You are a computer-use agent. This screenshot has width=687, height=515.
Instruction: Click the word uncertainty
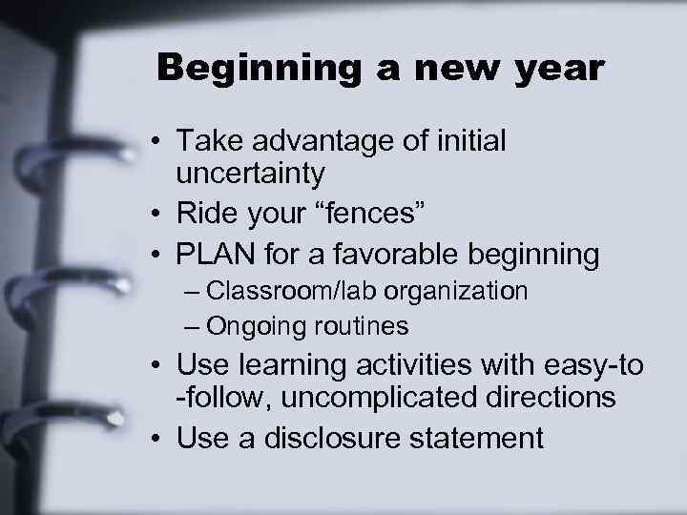coord(251,175)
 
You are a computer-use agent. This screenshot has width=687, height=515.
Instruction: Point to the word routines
coord(356,327)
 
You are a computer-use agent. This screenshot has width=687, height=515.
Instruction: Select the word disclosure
coord(339,438)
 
